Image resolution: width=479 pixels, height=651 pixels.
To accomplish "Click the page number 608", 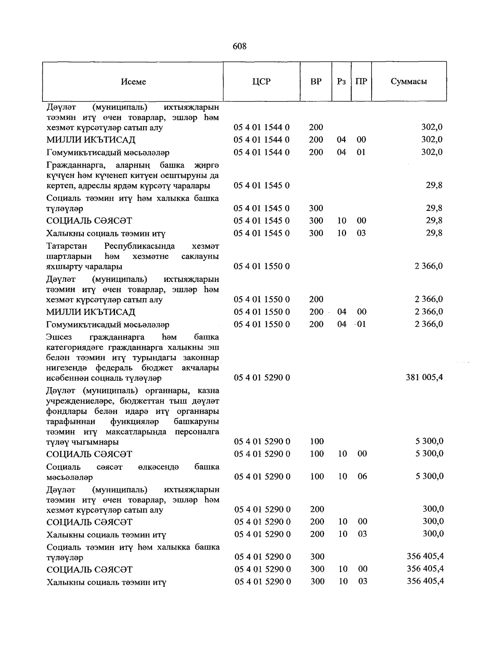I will click(x=239, y=47).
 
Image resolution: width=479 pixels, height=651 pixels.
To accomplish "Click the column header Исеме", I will click(x=133, y=82).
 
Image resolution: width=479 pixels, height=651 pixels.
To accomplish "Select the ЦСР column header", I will click(x=261, y=82).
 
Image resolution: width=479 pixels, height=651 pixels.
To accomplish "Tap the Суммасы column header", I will click(x=409, y=82).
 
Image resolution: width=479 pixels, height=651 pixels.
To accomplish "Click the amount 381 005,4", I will click(x=424, y=377).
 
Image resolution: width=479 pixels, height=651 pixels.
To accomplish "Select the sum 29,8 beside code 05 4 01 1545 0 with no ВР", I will click(x=434, y=185).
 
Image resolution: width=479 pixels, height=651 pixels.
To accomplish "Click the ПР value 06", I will click(x=362, y=476).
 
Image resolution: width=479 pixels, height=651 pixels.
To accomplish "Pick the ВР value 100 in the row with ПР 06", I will click(x=317, y=476).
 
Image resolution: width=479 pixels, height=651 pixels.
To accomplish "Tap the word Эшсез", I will click(x=59, y=337).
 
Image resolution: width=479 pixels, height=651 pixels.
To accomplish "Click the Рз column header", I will click(x=341, y=82).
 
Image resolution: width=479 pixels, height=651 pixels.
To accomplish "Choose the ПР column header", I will click(x=361, y=82).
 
